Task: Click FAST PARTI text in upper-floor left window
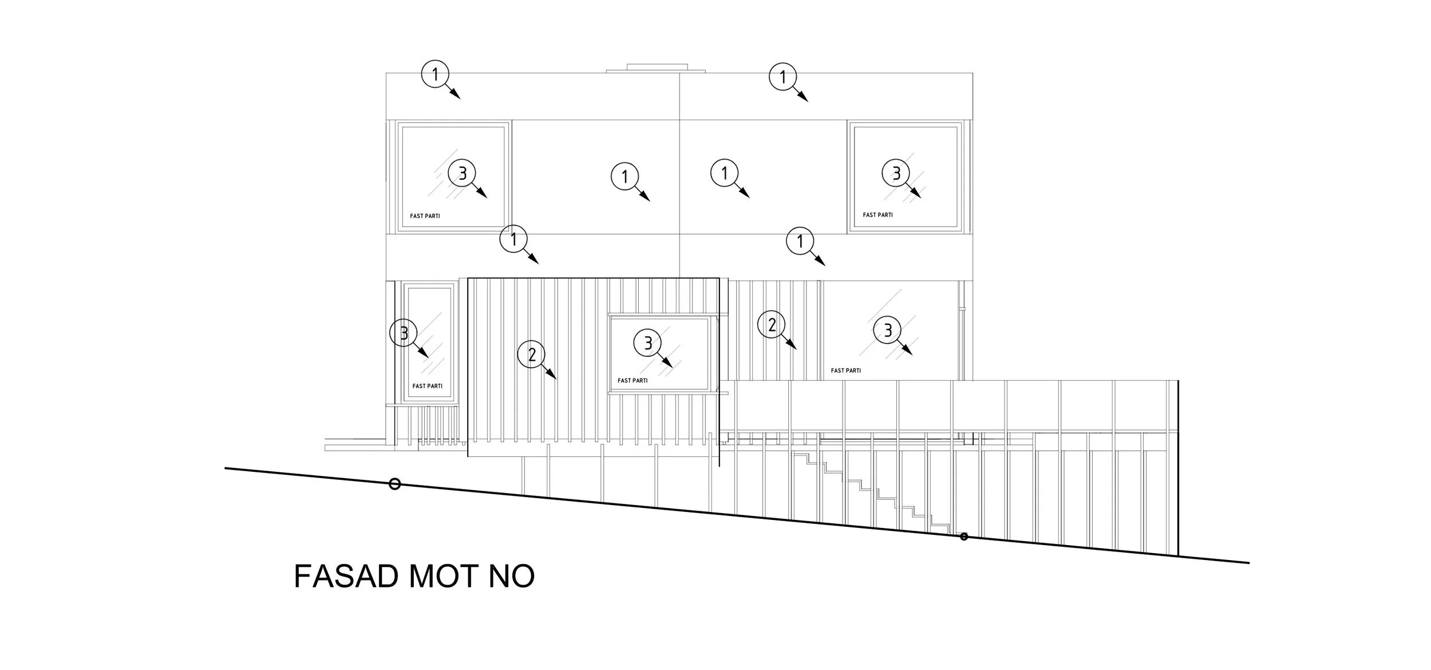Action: coord(425,216)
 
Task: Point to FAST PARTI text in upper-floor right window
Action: coord(877,215)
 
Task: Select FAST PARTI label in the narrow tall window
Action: coord(427,386)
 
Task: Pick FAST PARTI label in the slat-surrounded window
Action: coord(633,380)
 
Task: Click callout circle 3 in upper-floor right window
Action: coord(896,172)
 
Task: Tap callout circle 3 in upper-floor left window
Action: coord(462,172)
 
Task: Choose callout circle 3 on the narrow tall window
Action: coord(404,333)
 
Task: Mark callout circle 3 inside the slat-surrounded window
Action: coord(648,343)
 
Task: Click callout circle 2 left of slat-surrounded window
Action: coord(532,355)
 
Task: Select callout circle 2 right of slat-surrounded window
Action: coord(772,325)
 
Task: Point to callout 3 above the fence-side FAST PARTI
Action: coord(887,330)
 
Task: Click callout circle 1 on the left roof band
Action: coord(435,74)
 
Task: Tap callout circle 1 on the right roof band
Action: coord(783,77)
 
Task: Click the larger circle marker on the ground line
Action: coord(394,484)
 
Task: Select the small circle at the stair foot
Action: coord(964,537)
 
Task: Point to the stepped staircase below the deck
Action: coord(870,492)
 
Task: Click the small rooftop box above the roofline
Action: coord(657,68)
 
